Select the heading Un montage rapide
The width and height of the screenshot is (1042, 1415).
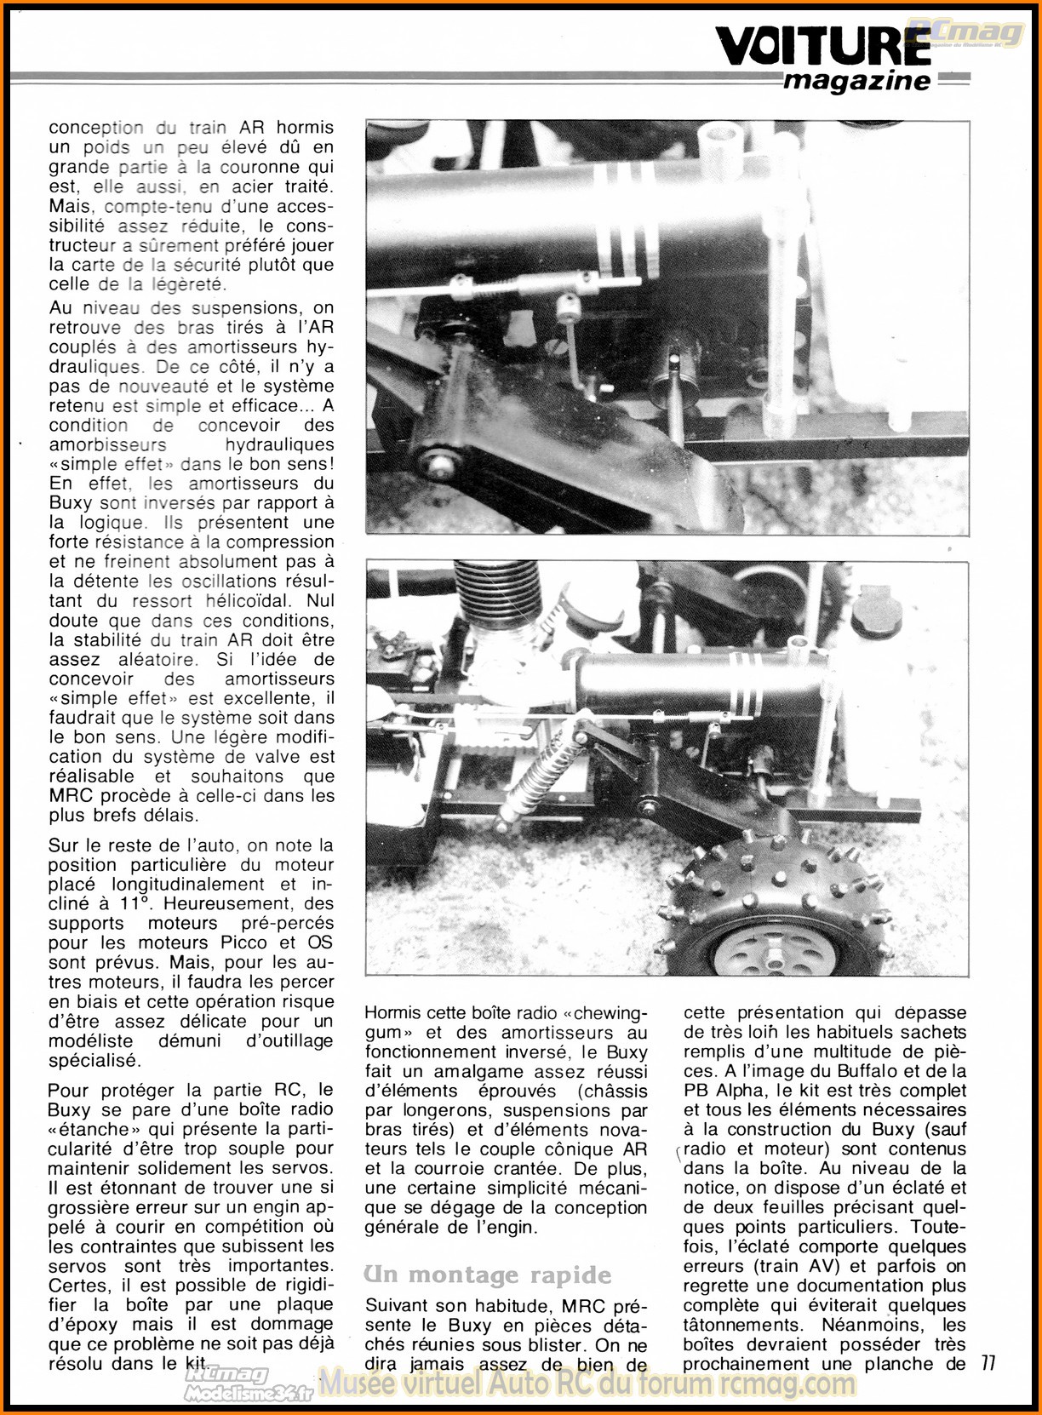(x=488, y=1275)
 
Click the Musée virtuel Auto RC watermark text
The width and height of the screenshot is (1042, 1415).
(x=587, y=1383)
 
